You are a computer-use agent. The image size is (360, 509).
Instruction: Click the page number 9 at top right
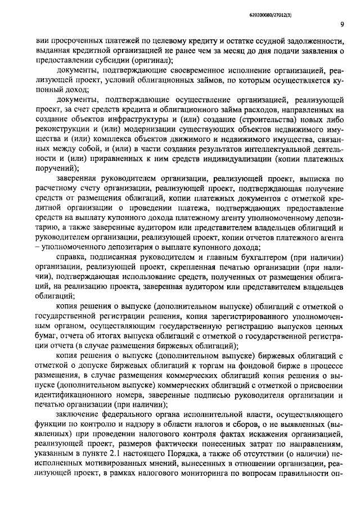click(342, 24)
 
